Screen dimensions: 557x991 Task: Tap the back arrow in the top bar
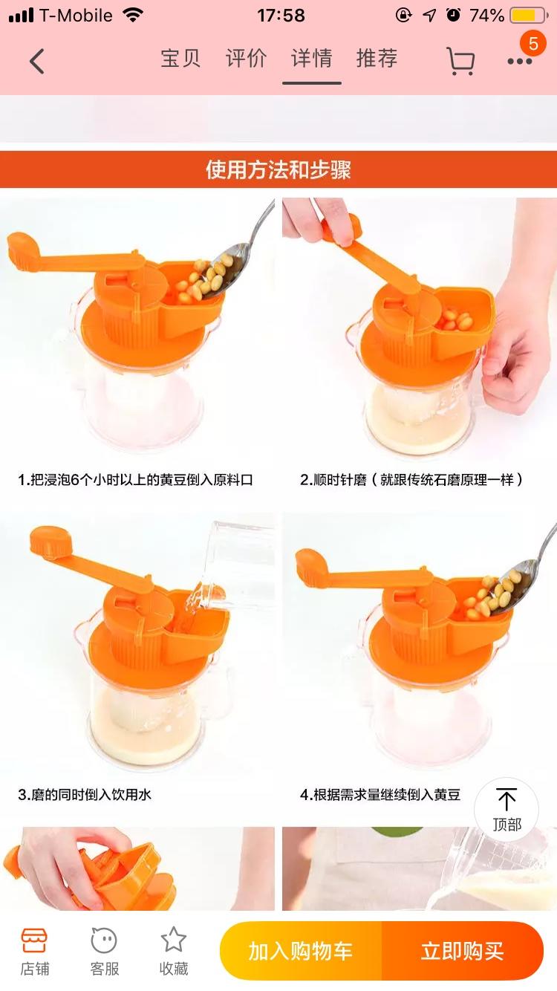pyautogui.click(x=36, y=61)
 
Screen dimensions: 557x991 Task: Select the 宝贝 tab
pyautogui.click(x=180, y=59)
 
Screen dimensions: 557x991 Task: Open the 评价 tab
pyautogui.click(x=246, y=59)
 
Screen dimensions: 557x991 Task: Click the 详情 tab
pyautogui.click(x=311, y=59)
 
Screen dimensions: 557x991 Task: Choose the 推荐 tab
pyautogui.click(x=377, y=59)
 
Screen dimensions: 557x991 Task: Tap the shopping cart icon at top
pyautogui.click(x=461, y=61)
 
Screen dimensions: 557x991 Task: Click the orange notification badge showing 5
pyautogui.click(x=533, y=43)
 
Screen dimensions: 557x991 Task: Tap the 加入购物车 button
pyautogui.click(x=301, y=951)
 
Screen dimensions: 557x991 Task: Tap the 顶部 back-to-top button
pyautogui.click(x=506, y=810)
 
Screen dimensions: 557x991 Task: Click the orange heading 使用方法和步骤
pyautogui.click(x=278, y=169)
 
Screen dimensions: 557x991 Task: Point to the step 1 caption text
pyautogui.click(x=135, y=480)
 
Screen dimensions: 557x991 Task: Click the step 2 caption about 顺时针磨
pyautogui.click(x=411, y=480)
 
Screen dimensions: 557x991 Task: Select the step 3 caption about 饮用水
pyautogui.click(x=85, y=795)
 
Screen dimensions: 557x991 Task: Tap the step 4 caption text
pyautogui.click(x=380, y=795)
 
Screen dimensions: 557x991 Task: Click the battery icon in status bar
pyautogui.click(x=529, y=16)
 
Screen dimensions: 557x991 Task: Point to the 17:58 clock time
pyautogui.click(x=281, y=16)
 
